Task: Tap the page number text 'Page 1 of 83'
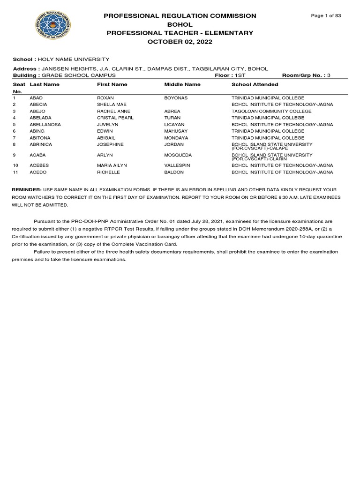coord(326,16)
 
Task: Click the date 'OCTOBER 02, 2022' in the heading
coord(180,42)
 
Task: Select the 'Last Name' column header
coord(45,84)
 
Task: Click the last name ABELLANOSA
coord(45,125)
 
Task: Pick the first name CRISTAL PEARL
coord(115,118)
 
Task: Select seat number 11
coord(15,172)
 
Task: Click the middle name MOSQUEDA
coord(178,155)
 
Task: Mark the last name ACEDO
coord(38,172)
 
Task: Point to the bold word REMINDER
coord(27,189)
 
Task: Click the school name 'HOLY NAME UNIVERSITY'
coord(80,60)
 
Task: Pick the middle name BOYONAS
coord(176,97)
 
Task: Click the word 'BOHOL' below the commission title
coord(180,24)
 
